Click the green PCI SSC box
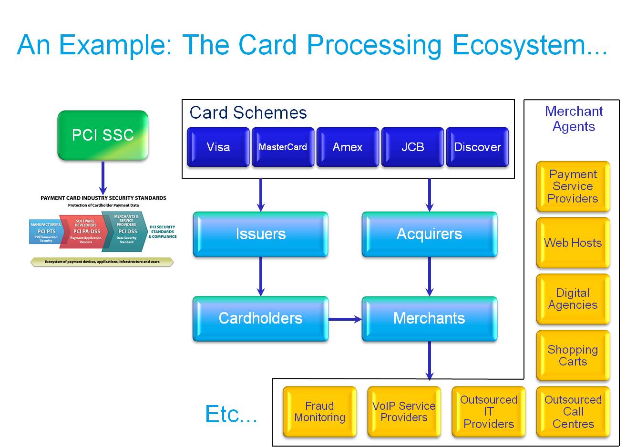click(x=103, y=135)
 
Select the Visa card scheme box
click(x=218, y=147)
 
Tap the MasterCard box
click(x=283, y=147)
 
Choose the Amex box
click(x=348, y=147)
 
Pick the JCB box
click(x=412, y=147)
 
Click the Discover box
click(x=477, y=147)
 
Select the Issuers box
click(x=260, y=234)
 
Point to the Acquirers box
click(x=429, y=234)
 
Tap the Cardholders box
click(x=260, y=318)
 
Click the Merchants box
click(x=429, y=318)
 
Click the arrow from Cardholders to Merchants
click(x=345, y=319)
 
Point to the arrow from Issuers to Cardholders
click(x=260, y=276)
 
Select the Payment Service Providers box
click(x=573, y=186)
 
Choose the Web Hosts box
click(x=573, y=243)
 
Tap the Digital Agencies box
click(x=573, y=299)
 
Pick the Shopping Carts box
click(x=573, y=355)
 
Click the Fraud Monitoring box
click(x=319, y=412)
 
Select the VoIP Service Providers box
click(x=404, y=412)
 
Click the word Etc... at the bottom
click(x=231, y=414)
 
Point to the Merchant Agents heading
click(x=574, y=119)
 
